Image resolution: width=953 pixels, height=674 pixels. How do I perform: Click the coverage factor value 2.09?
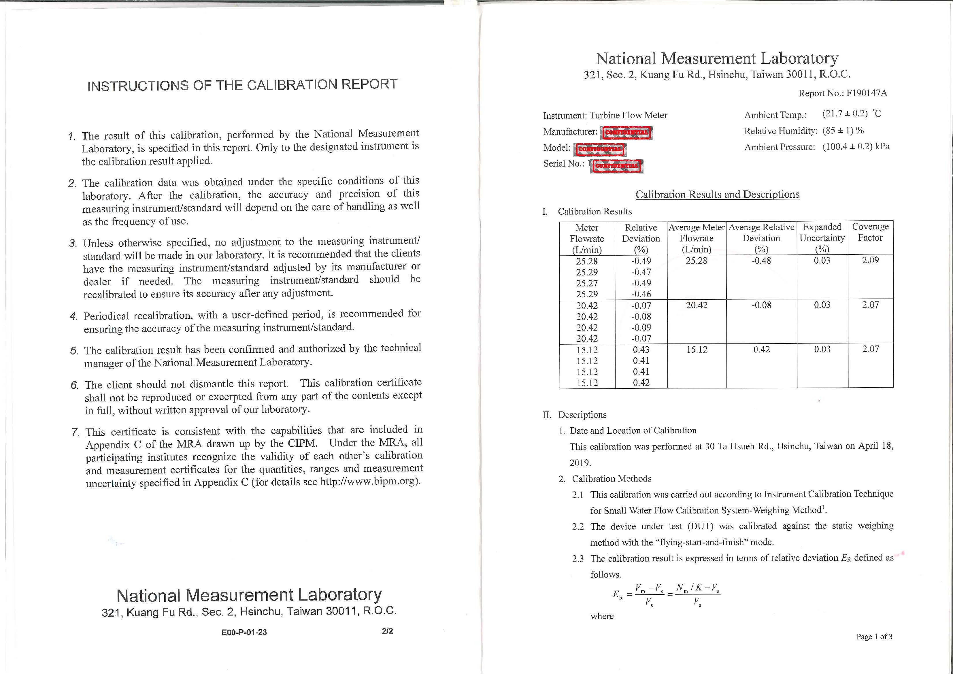870,260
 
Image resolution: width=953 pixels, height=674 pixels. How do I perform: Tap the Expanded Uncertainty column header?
822,238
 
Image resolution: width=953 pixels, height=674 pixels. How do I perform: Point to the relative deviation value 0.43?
641,350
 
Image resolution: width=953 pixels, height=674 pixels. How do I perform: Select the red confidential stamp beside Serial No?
617,166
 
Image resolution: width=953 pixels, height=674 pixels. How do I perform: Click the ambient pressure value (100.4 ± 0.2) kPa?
856,146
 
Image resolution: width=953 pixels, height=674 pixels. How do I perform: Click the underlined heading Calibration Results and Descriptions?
717,194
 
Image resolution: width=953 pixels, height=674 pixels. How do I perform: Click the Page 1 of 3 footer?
874,636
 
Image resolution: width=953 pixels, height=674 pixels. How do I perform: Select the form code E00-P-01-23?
244,632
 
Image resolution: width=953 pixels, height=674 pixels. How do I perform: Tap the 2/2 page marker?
387,631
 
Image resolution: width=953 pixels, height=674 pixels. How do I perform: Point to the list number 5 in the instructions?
74,351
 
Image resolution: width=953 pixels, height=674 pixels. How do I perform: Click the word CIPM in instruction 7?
302,443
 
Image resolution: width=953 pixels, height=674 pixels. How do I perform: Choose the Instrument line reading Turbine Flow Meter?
605,115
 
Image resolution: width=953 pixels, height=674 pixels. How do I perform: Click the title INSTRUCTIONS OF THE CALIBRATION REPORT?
242,85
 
